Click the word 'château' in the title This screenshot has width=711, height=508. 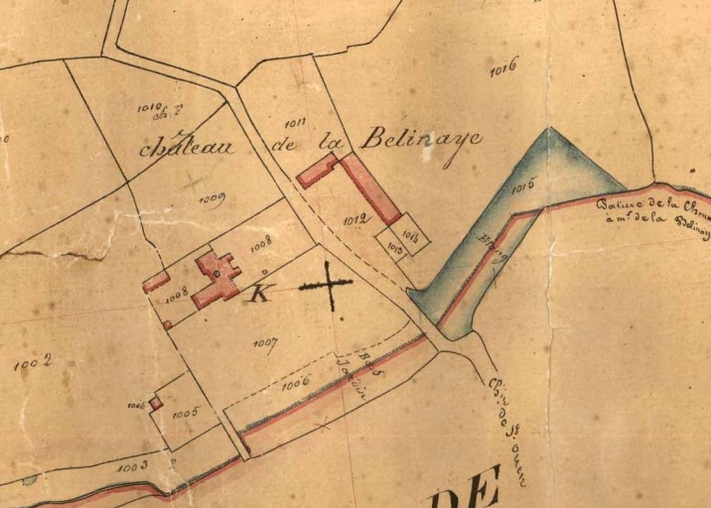pyautogui.click(x=187, y=147)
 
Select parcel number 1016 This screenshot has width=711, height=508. pyautogui.click(x=504, y=71)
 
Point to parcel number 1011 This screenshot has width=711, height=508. pyautogui.click(x=294, y=123)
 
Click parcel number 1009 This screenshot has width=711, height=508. pyautogui.click(x=212, y=198)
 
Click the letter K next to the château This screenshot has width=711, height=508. pyautogui.click(x=260, y=293)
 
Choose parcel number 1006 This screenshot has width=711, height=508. pyautogui.click(x=296, y=381)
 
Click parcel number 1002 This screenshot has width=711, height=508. pyautogui.click(x=32, y=365)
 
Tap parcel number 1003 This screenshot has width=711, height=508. pyautogui.click(x=132, y=463)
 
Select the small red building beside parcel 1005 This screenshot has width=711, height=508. pyautogui.click(x=156, y=404)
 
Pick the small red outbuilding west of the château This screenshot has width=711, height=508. pyautogui.click(x=156, y=283)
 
